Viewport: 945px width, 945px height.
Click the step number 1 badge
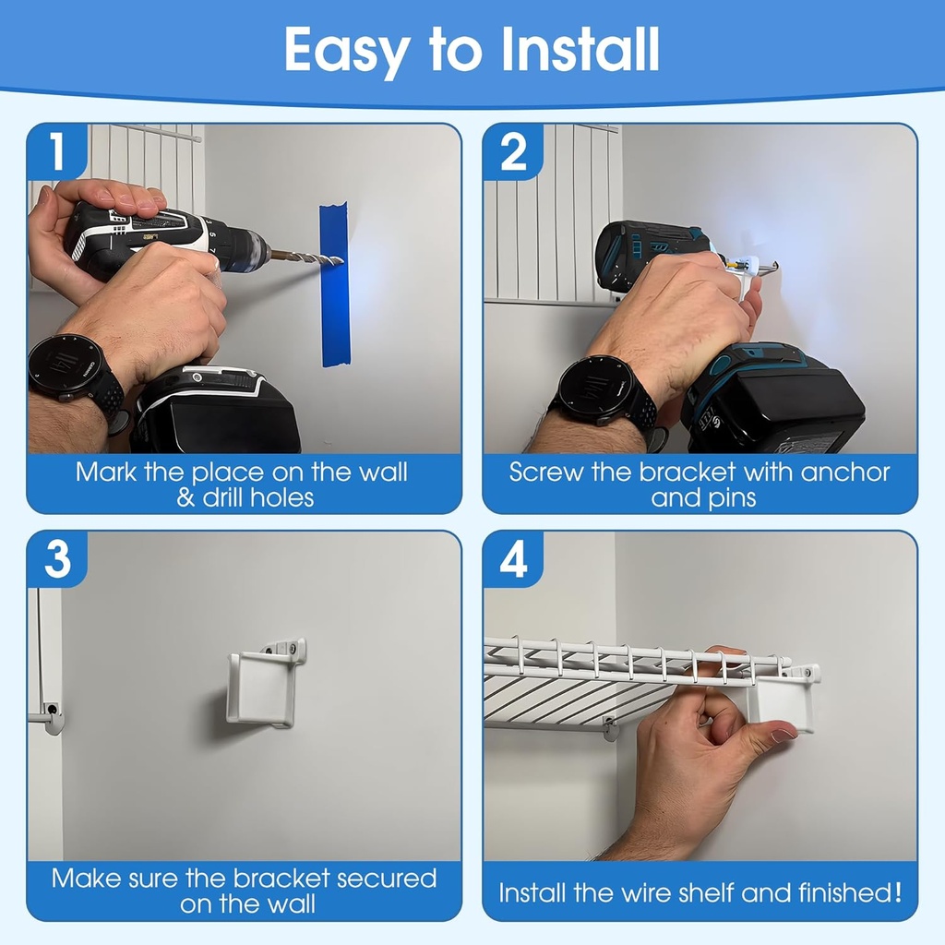[x=55, y=152]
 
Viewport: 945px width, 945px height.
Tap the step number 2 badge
[x=512, y=152]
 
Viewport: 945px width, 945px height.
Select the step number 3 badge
[x=56, y=560]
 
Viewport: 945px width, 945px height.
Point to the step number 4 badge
[x=512, y=560]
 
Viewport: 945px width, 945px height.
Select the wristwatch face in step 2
[x=595, y=389]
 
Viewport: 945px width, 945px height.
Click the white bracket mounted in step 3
[x=262, y=688]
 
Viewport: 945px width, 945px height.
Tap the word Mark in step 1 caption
[x=107, y=472]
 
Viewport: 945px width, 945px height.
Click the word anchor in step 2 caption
[x=844, y=472]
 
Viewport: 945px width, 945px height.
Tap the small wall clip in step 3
[x=50, y=716]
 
